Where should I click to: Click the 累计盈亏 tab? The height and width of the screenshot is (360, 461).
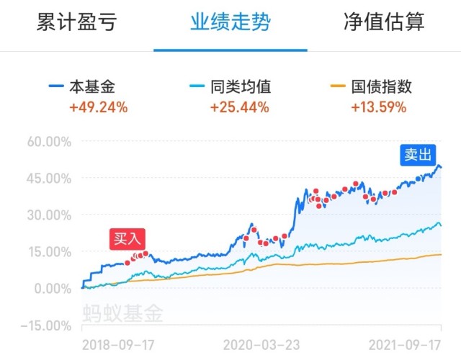click(x=76, y=22)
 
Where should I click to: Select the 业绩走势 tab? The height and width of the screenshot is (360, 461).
click(x=230, y=22)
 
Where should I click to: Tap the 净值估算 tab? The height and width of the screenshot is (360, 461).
click(x=384, y=22)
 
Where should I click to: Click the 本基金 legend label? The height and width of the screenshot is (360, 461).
click(x=91, y=87)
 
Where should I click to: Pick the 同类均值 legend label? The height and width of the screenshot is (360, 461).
click(x=240, y=87)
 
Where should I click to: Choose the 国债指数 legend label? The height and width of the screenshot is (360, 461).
click(x=382, y=87)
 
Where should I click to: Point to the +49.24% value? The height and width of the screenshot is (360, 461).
click(x=98, y=108)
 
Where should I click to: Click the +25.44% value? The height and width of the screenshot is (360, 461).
click(x=239, y=108)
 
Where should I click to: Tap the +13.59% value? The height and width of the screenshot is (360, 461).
click(x=378, y=108)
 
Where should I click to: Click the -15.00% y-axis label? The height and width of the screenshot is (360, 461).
click(x=44, y=325)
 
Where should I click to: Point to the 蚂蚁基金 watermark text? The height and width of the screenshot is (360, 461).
click(x=123, y=314)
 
